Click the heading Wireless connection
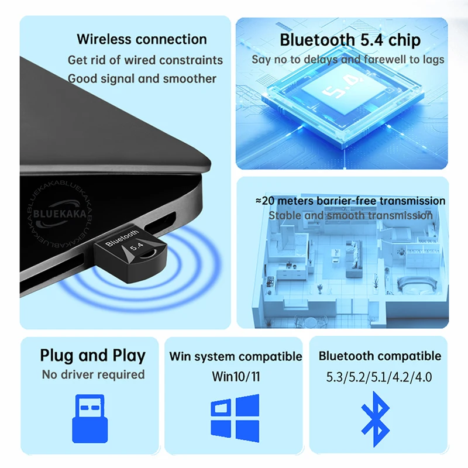142,39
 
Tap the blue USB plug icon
90,418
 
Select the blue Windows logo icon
235,418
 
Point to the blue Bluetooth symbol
376,419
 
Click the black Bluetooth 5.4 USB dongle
130,254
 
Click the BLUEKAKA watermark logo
59,214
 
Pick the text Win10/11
236,376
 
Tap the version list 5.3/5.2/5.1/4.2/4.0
378,377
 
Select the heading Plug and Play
92,356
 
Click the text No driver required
93,374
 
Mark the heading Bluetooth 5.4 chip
350,40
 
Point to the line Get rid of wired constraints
145,60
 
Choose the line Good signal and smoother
142,79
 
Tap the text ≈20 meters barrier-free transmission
350,201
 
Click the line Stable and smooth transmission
350,215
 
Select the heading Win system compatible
236,356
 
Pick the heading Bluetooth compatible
380,356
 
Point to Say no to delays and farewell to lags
347,60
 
